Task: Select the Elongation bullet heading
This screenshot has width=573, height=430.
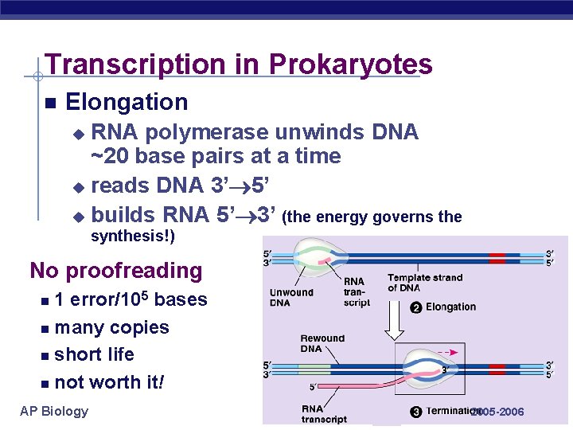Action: [127, 102]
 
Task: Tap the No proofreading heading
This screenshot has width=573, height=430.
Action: [116, 271]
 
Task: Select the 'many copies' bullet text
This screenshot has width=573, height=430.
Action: [111, 327]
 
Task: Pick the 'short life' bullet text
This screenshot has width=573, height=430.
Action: [94, 354]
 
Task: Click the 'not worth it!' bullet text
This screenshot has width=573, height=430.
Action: [109, 382]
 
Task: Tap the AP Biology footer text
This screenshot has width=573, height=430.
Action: [54, 411]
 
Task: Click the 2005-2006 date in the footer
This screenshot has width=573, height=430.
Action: [497, 412]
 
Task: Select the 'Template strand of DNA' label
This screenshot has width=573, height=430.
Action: [424, 283]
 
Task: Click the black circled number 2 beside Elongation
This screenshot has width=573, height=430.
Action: [415, 307]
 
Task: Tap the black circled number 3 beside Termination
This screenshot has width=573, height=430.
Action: [415, 412]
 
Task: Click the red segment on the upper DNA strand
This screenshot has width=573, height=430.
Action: [497, 258]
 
